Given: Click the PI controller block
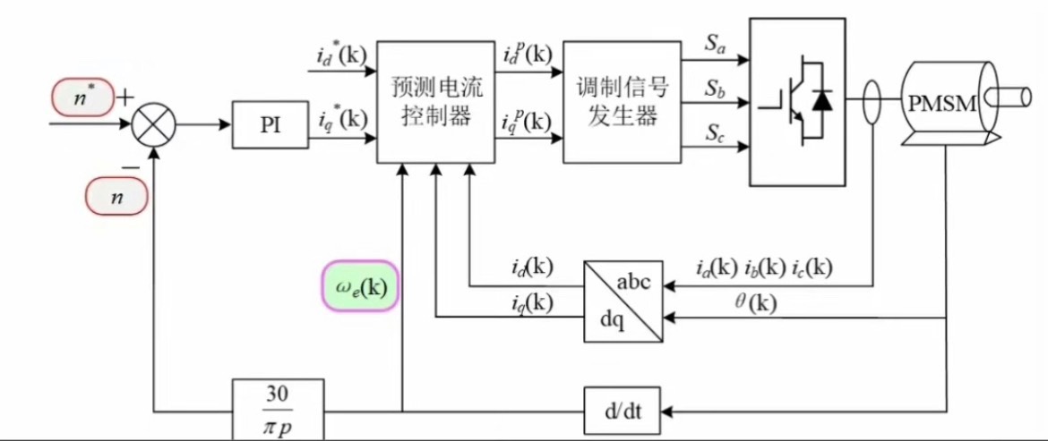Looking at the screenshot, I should pyautogui.click(x=271, y=124).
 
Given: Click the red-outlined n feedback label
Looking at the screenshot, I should pyautogui.click(x=116, y=196).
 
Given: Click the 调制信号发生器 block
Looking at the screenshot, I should pyautogui.click(x=619, y=101).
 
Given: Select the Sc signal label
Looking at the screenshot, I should pyautogui.click(x=714, y=134).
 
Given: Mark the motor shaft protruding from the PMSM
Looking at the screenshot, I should pyautogui.click(x=1018, y=93).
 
